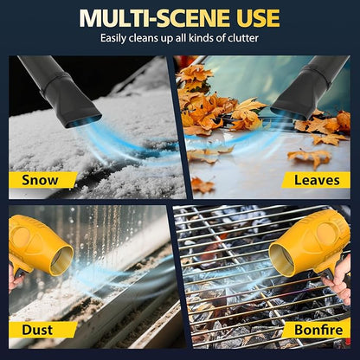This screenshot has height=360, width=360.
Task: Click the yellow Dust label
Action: pyautogui.click(x=37, y=329)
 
